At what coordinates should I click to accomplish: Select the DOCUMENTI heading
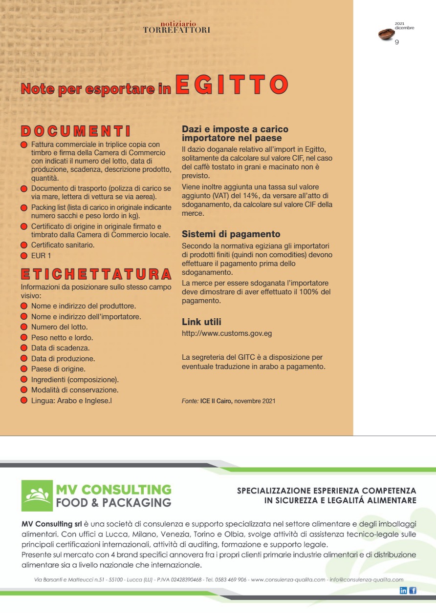point(75,131)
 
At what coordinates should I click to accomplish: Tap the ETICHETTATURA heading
point(96,273)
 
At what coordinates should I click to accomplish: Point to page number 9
point(397,42)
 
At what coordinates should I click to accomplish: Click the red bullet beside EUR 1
point(23,255)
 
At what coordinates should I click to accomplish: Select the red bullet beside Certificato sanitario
point(23,245)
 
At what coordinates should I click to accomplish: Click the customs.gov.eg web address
point(227,333)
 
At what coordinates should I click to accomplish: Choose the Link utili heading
point(201,322)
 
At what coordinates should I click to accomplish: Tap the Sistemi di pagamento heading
point(231,234)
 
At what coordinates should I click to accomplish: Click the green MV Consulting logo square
point(37,495)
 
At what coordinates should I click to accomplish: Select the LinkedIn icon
point(403,590)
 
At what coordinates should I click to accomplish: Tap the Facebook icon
point(413,590)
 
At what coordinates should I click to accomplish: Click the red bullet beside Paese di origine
point(23,369)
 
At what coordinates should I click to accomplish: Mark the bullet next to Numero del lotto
point(23,327)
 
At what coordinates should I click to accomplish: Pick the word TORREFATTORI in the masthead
point(176,30)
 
